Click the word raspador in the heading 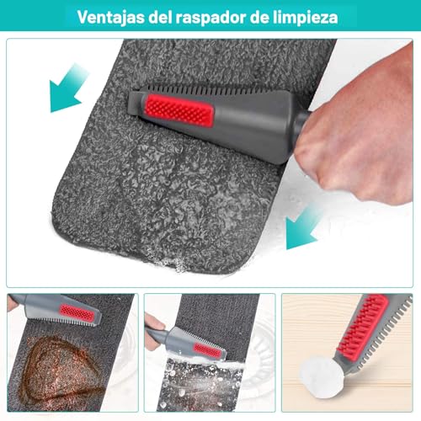[x=226, y=16]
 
